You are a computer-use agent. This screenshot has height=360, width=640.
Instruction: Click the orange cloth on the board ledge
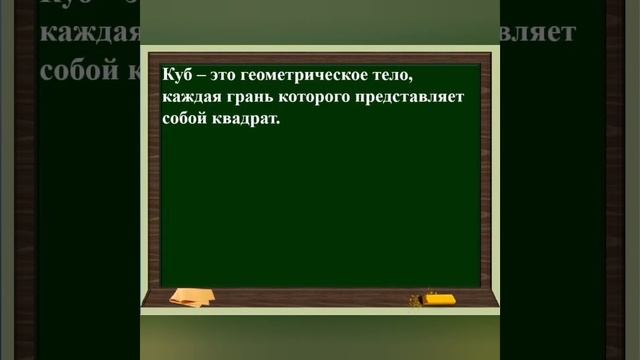point(190,297)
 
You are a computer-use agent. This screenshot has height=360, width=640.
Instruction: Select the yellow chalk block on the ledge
point(440,298)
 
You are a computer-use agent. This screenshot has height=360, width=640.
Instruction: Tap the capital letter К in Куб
point(166,75)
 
